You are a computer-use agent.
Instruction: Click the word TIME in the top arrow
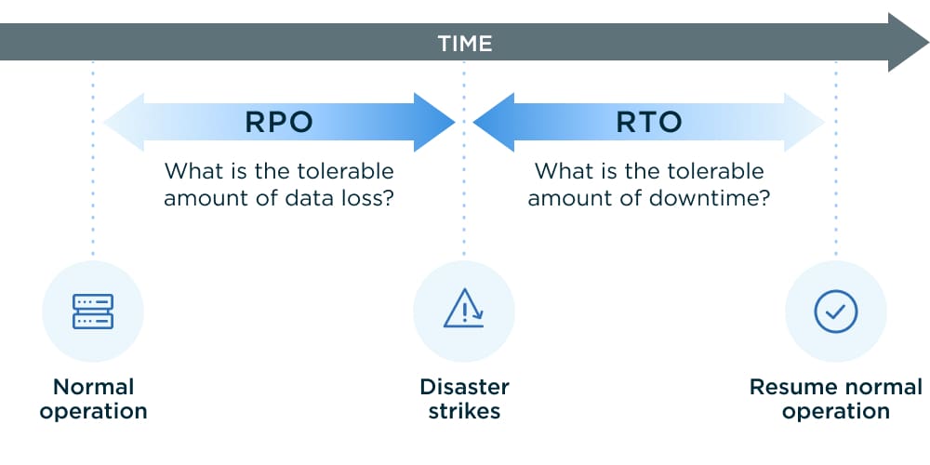tap(465, 43)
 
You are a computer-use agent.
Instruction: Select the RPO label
tap(278, 122)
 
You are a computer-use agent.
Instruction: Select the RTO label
tap(649, 122)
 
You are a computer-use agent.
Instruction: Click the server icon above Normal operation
tap(93, 312)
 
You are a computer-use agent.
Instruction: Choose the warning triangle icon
tap(463, 310)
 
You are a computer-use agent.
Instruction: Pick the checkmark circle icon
tap(835, 312)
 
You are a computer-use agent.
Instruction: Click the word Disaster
tap(464, 387)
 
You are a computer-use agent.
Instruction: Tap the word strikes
tap(464, 411)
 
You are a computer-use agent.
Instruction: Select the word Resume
tap(790, 387)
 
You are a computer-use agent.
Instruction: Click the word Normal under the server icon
tap(93, 387)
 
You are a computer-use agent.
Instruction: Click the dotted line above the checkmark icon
tap(835, 214)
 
